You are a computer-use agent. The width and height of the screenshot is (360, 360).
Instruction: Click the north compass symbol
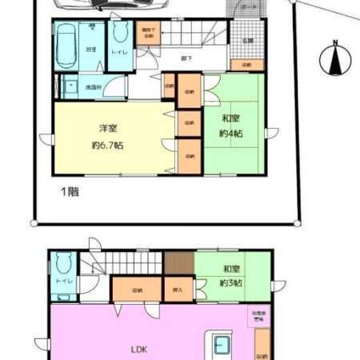tap(335, 58)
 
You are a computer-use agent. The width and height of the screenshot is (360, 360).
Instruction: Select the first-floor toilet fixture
tap(120, 36)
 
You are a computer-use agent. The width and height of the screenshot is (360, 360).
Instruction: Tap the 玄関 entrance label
tap(247, 40)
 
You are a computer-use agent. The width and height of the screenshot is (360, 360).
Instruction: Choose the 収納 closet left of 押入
tap(137, 289)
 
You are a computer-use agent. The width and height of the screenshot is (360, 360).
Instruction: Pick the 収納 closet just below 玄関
tap(246, 66)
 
